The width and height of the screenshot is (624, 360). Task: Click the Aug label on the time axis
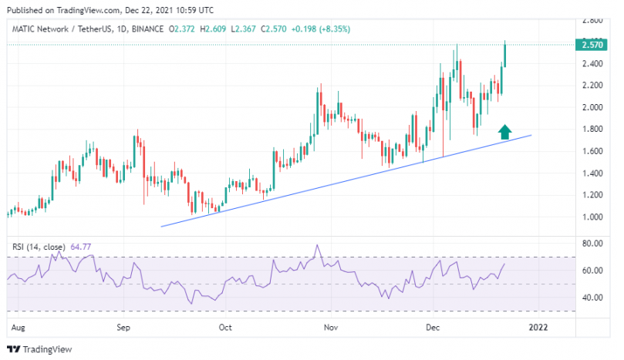click(20, 327)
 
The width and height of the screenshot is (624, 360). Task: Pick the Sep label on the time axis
click(124, 327)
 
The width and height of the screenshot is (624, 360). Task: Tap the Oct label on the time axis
click(226, 327)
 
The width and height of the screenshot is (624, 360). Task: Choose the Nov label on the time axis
click(331, 327)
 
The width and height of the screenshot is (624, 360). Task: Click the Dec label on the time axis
click(432, 327)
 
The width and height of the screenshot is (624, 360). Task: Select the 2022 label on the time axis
click(537, 327)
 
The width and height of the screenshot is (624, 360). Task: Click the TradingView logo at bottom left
click(42, 349)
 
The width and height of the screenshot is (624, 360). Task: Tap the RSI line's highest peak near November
click(318, 246)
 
